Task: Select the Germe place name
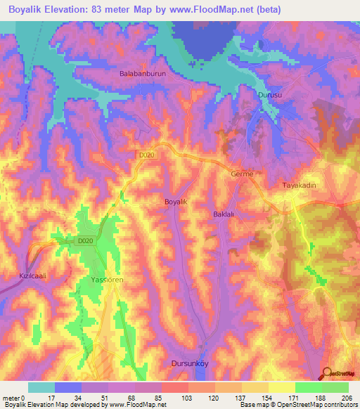coord(242,174)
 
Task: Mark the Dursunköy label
coord(191,363)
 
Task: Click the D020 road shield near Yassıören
coord(85,241)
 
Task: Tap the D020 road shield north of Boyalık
coord(146,154)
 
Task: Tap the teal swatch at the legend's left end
coord(41,387)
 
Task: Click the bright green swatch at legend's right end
coord(335,387)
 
